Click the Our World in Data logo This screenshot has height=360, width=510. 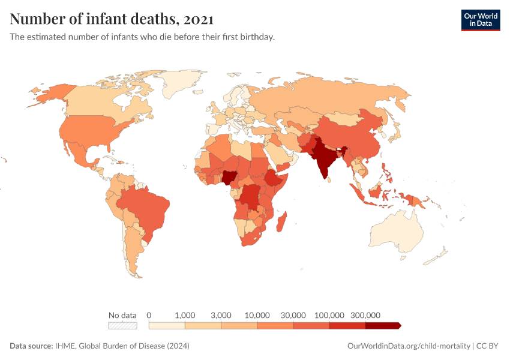480,20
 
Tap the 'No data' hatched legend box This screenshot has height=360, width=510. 122,326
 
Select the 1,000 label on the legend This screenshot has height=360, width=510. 185,315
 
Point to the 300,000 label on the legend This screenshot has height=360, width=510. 365,315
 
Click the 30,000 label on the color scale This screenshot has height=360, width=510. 293,315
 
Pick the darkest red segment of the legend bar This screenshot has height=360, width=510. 382,326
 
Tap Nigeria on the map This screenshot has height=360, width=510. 229,177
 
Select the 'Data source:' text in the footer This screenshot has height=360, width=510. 31,346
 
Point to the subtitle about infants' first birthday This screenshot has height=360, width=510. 142,37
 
